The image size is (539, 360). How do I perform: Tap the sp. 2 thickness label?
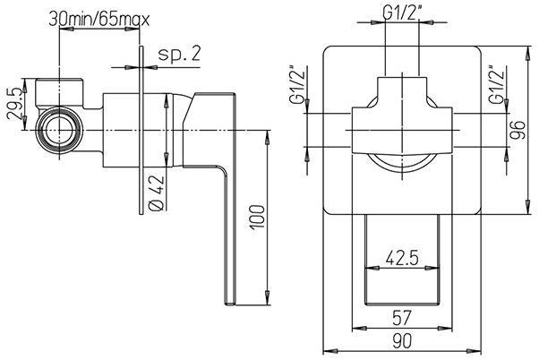(177, 55)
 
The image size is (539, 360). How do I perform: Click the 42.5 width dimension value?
(402, 260)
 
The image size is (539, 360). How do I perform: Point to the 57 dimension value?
(402, 316)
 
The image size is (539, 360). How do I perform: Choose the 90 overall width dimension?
(402, 340)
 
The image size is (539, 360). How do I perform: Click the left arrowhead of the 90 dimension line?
(325, 349)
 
